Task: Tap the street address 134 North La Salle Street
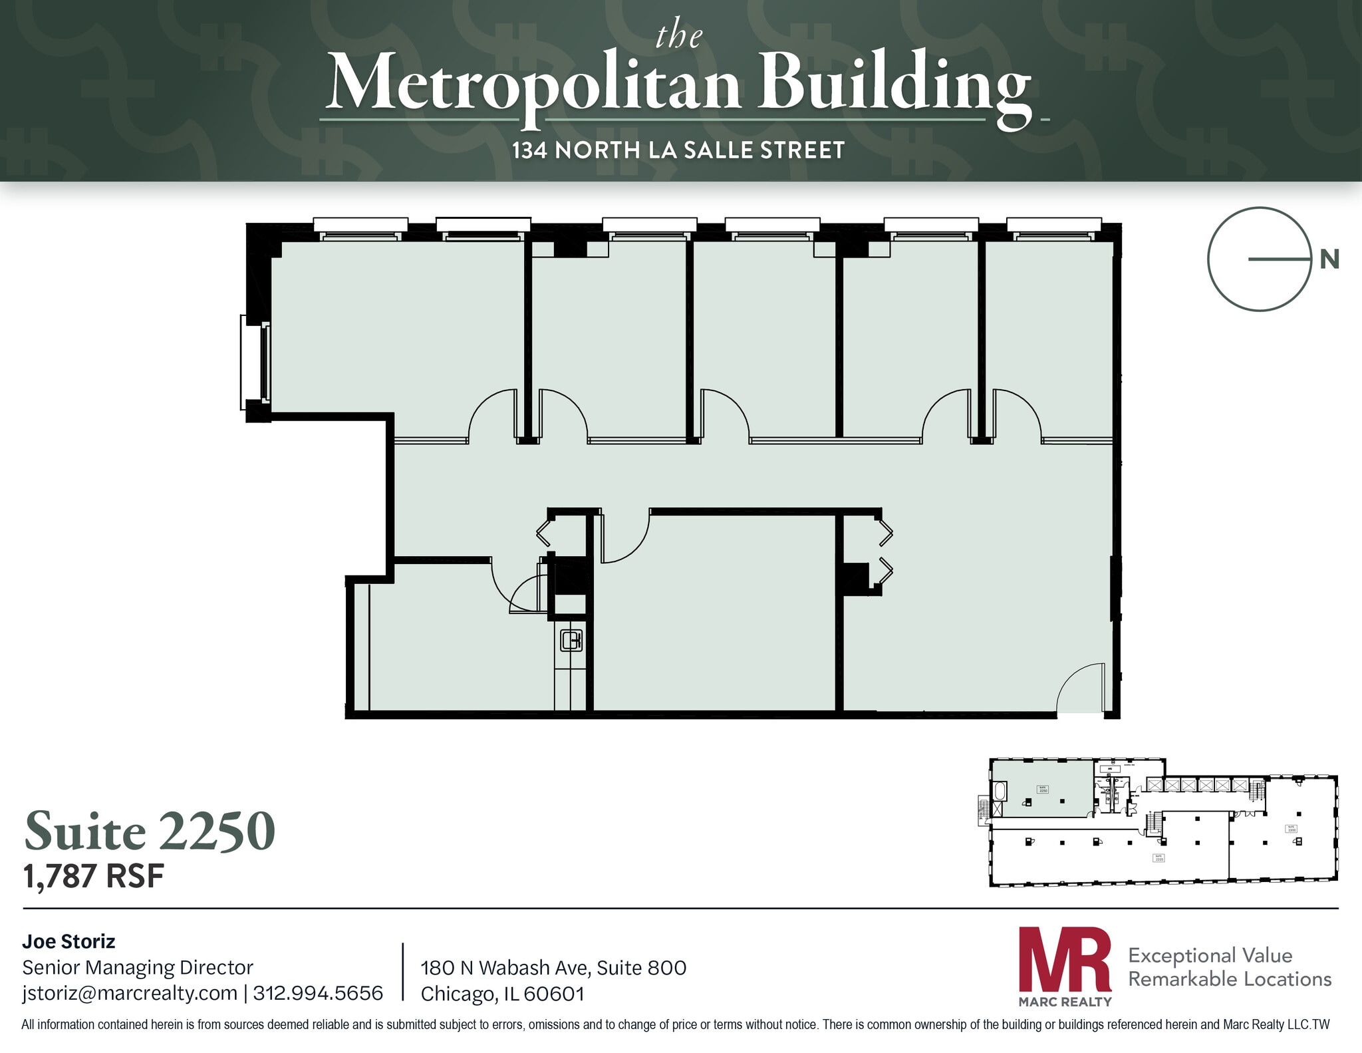(678, 150)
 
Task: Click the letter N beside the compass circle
(1329, 259)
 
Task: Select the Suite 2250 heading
(150, 831)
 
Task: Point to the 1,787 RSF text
(93, 876)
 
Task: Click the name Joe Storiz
(68, 941)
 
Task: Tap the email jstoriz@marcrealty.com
(130, 993)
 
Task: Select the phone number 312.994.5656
(318, 993)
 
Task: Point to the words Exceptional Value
(1210, 955)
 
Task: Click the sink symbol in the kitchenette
(571, 641)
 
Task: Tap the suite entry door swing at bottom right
(1081, 688)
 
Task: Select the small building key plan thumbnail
(1162, 822)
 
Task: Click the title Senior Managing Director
(138, 967)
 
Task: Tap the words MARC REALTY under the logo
(1065, 1002)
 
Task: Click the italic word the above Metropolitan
(678, 37)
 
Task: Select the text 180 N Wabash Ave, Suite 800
(553, 967)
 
